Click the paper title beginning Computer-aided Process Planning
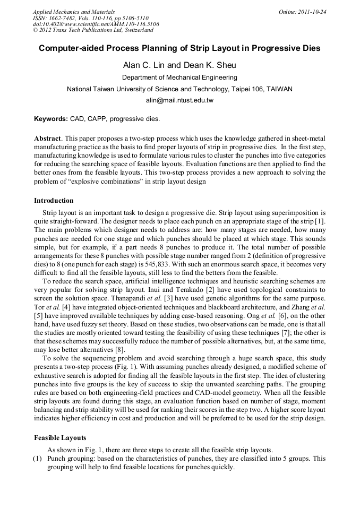[179, 48]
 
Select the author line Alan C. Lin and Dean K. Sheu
[179, 65]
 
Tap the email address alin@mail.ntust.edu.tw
[179, 100]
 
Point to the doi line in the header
[96, 24]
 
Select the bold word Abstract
[47, 137]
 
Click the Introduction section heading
[54, 201]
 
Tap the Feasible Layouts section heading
[59, 438]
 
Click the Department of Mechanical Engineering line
[179, 77]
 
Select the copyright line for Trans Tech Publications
[93, 30]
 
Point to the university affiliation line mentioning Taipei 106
[179, 89]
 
